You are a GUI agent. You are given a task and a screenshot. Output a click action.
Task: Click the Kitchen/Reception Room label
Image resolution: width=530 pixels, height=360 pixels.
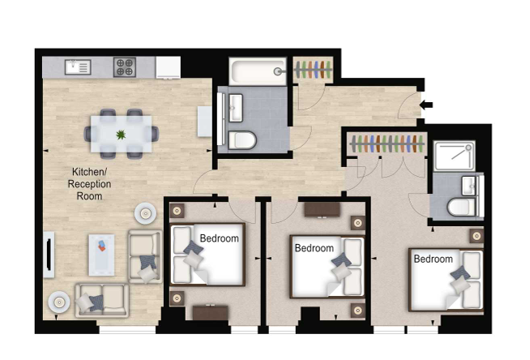[89, 183]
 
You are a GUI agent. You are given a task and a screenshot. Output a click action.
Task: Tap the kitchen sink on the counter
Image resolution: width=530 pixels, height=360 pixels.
[78, 67]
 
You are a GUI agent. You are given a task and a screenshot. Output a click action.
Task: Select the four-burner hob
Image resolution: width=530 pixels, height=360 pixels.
[125, 67]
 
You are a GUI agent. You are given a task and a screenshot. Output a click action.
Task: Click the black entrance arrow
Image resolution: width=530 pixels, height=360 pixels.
[426, 105]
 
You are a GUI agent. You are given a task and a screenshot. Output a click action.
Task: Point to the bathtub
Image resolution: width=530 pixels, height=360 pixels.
[258, 71]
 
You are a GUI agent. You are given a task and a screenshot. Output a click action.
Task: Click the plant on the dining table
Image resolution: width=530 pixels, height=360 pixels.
[121, 135]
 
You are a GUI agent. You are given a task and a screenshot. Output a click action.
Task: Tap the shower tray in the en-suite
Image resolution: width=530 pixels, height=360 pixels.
[455, 156]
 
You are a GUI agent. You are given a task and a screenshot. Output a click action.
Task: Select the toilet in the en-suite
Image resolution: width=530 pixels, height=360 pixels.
[462, 207]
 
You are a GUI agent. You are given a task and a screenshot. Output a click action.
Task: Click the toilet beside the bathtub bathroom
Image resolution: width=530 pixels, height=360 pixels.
[242, 140]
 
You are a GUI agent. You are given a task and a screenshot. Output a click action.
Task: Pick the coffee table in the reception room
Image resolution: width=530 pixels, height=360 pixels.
[101, 255]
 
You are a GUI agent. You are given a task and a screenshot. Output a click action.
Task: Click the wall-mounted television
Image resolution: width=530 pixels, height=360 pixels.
[49, 255]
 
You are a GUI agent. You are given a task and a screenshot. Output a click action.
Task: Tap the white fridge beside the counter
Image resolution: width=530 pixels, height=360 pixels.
[168, 67]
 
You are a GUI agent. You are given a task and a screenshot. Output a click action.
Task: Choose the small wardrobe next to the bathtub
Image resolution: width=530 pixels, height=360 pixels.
[313, 69]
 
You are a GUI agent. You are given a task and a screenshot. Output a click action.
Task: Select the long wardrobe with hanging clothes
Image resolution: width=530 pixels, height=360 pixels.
[387, 144]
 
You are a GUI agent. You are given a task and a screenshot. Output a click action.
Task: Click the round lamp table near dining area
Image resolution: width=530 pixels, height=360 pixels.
[146, 213]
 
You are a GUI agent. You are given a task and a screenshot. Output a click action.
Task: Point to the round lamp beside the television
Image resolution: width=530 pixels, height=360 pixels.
[59, 302]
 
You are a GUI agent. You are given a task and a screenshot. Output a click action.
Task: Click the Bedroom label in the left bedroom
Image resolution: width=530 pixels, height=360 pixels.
[219, 238]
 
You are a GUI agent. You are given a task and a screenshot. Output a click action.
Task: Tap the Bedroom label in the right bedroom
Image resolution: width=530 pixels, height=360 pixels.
[433, 259]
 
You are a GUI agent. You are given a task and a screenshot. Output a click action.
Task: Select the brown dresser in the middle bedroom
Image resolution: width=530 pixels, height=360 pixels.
[322, 209]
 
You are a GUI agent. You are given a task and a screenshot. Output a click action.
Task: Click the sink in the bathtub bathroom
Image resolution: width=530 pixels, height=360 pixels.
[236, 108]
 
